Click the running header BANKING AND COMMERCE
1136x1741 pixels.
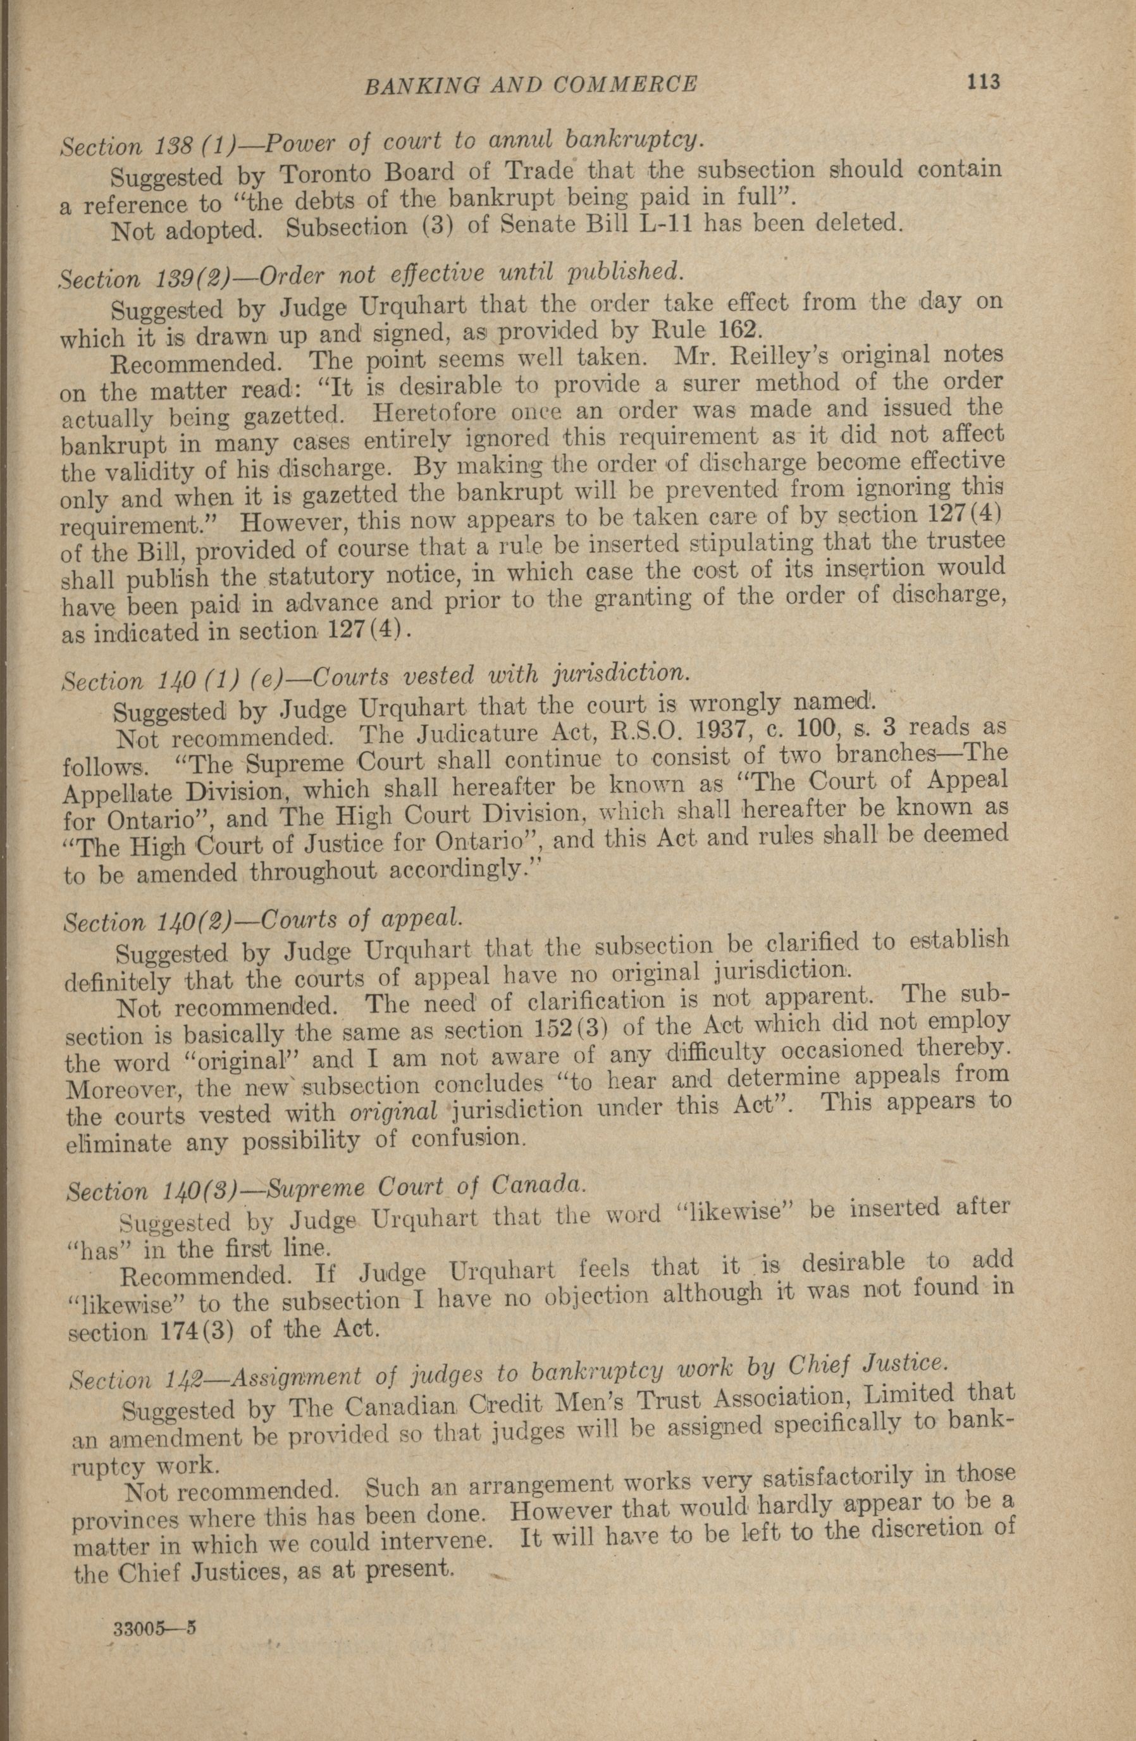[530, 85]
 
